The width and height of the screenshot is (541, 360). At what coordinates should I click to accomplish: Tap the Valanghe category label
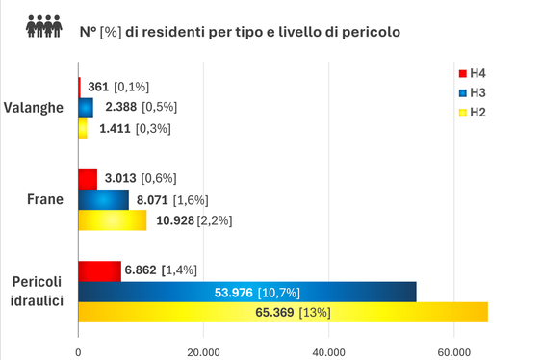point(34,107)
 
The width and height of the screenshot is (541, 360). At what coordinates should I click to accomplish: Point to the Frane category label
point(46,199)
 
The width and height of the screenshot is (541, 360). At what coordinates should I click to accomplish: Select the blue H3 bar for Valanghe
point(85,107)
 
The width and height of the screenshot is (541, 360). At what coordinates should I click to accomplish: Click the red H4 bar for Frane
point(88,178)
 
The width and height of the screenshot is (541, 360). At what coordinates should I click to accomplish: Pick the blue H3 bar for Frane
point(103,199)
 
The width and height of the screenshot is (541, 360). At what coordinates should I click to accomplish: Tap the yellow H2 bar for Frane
point(112,220)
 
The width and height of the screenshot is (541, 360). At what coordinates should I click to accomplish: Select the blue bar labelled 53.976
point(246,291)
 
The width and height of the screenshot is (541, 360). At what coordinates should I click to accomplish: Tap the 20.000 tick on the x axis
point(203,351)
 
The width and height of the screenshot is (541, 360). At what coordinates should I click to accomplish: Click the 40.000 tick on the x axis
point(328,351)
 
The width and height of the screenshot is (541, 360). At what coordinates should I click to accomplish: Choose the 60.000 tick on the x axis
point(454,351)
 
